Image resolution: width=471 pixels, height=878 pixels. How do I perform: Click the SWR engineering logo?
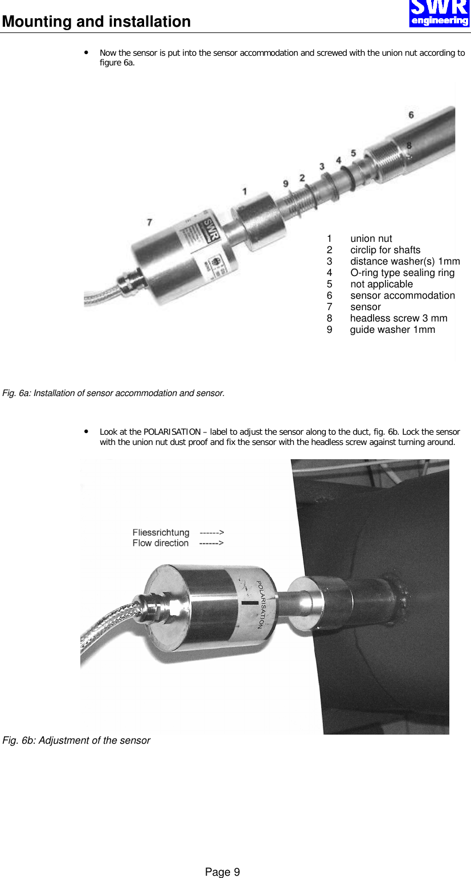pos(439,13)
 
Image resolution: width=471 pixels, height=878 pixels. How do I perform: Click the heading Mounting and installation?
pos(96,22)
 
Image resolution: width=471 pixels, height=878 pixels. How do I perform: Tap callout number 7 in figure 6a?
pos(149,222)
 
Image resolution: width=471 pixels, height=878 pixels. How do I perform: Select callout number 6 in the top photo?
pos(411,115)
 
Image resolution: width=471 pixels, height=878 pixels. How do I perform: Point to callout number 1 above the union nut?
pos(245,192)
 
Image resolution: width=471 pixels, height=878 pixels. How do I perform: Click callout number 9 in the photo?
pos(286,183)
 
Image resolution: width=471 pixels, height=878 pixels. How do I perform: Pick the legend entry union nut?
pos(371,238)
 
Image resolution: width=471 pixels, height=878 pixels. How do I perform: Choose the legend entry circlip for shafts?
pos(385,250)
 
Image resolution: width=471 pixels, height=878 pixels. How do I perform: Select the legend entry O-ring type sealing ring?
pos(402,273)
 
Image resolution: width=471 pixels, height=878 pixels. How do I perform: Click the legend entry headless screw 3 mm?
pos(399,318)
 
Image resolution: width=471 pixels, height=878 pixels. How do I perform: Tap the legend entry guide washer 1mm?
pos(392,329)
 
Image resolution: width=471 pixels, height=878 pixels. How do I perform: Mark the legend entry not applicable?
pos(382,284)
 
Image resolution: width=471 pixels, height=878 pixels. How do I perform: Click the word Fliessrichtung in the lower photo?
pos(161,533)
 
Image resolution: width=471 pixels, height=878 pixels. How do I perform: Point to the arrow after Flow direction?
pos(211,543)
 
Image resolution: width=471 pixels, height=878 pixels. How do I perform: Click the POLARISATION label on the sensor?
pos(260,604)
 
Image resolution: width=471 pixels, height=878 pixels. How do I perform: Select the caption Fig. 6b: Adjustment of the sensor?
pos(76,740)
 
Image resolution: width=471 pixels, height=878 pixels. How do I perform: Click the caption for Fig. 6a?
pos(113,393)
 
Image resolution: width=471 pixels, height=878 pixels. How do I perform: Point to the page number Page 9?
pos(223,872)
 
